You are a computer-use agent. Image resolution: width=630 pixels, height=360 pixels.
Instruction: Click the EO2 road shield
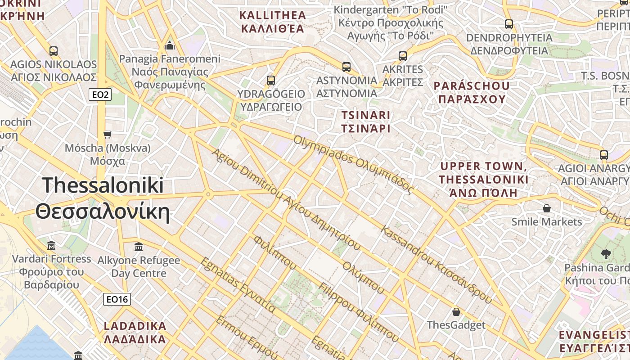click(x=100, y=94)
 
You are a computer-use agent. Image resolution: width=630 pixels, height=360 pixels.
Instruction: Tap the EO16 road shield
click(x=117, y=299)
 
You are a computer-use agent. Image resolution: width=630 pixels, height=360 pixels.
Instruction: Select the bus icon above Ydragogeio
click(x=270, y=81)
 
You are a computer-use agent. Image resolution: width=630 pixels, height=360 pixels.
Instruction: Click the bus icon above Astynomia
click(x=346, y=67)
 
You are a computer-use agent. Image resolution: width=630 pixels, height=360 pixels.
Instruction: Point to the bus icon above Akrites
click(x=403, y=56)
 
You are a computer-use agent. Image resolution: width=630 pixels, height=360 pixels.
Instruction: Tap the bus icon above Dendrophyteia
click(x=509, y=24)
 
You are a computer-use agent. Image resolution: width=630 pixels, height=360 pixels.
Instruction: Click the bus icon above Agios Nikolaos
click(x=54, y=51)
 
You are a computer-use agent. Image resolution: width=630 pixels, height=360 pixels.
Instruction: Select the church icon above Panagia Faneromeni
click(x=170, y=45)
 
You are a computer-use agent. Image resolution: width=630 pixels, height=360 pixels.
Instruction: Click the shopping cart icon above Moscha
click(x=107, y=135)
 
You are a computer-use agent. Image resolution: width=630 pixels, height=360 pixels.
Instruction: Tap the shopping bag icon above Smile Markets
click(x=547, y=208)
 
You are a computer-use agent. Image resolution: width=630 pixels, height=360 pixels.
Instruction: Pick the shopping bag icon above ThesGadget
click(x=456, y=312)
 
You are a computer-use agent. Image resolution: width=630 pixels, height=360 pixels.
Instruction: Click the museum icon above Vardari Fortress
click(x=51, y=246)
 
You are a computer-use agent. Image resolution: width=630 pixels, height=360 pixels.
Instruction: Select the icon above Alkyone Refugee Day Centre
click(x=139, y=247)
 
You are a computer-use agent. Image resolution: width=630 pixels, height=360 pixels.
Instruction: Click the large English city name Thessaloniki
click(x=103, y=185)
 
